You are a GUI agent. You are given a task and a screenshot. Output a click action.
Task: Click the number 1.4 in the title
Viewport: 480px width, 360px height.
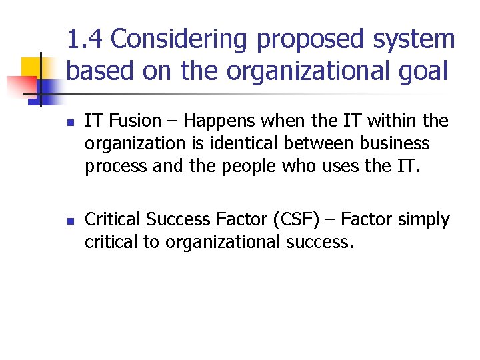click(x=86, y=40)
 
